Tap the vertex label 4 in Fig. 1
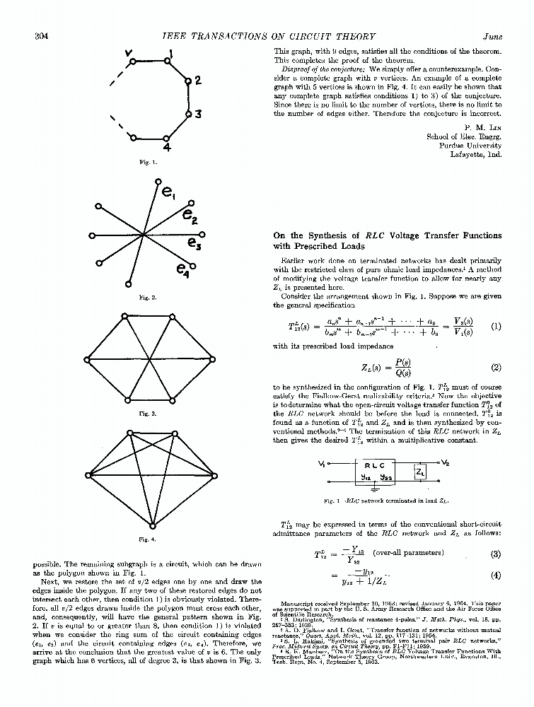167,148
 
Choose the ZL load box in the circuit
419,472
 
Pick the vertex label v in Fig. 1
128,52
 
